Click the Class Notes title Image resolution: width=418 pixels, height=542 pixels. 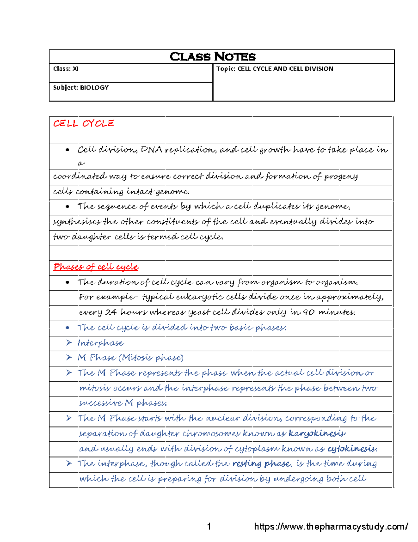(x=212, y=57)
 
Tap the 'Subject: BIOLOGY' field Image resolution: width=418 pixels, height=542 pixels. (x=81, y=88)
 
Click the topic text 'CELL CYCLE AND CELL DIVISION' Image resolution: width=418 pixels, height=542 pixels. (x=285, y=69)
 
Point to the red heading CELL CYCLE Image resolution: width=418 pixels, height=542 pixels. (x=84, y=124)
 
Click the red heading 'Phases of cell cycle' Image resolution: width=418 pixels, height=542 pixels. (x=96, y=267)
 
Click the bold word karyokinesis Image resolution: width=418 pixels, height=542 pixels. (x=317, y=433)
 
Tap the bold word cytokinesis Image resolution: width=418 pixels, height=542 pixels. (x=352, y=448)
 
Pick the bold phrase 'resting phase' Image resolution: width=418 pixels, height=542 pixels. (x=261, y=463)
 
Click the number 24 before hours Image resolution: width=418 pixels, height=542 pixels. (x=110, y=312)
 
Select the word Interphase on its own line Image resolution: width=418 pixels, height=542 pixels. (x=101, y=343)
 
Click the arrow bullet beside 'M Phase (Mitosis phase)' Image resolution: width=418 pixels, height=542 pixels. (x=69, y=357)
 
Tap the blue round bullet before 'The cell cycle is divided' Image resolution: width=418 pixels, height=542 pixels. (x=68, y=328)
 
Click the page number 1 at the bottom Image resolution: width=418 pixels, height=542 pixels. (x=209, y=526)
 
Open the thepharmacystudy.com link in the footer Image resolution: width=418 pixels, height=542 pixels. (x=331, y=526)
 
